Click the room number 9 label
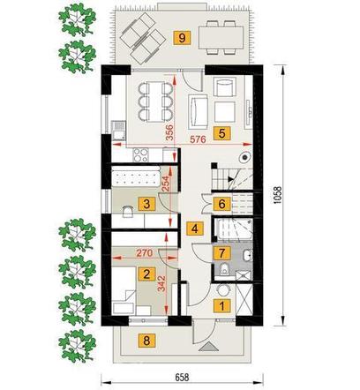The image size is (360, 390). click(182, 38)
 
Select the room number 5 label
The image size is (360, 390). click(222, 133)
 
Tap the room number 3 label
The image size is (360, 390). click(146, 204)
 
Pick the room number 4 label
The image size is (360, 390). click(194, 228)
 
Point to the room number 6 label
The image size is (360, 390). click(222, 204)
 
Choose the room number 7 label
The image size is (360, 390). click(222, 252)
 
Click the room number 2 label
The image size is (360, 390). click(146, 274)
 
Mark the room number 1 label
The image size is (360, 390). click(222, 306)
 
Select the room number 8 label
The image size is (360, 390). click(146, 341)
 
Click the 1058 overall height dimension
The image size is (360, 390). click(278, 195)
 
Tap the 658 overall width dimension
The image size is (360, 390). click(182, 378)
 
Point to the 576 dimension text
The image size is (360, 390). click(198, 139)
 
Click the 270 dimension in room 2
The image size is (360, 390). click(146, 252)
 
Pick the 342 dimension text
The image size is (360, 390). click(161, 284)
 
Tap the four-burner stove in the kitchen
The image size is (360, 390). click(141, 155)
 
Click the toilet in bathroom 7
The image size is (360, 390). click(225, 268)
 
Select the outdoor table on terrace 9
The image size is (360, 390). click(221, 38)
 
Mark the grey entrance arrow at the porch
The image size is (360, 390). click(207, 347)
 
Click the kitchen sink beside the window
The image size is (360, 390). click(118, 131)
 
